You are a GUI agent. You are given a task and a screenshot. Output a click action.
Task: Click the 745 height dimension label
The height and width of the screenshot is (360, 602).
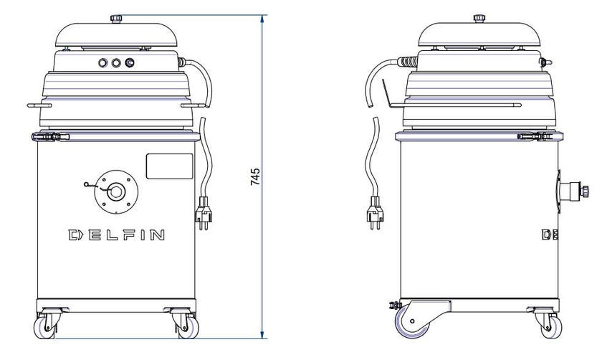255,176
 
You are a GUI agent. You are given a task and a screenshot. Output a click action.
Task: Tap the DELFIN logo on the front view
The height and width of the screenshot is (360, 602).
117,235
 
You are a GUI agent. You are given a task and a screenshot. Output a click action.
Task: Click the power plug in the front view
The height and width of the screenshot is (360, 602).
203,213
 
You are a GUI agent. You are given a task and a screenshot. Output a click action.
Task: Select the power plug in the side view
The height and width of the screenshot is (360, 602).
375,212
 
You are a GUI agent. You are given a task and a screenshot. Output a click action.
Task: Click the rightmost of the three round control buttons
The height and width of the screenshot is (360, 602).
130,62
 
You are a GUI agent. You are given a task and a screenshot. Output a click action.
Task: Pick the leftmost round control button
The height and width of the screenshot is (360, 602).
103,62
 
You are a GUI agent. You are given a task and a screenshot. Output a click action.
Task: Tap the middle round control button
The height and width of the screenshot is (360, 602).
116,62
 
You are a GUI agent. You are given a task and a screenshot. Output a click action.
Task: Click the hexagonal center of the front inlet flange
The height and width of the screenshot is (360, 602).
116,191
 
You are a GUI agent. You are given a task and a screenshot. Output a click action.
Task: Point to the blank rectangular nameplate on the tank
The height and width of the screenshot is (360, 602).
169,166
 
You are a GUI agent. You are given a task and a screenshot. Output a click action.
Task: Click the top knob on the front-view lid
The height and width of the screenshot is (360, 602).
116,19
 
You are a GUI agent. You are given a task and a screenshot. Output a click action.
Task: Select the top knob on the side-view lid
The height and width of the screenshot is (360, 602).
479,19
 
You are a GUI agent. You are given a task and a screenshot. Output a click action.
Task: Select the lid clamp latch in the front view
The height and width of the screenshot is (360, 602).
51,136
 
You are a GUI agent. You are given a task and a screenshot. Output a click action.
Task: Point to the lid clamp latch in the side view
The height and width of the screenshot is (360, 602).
535,136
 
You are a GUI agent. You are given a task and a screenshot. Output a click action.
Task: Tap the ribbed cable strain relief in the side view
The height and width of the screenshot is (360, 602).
408,62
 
